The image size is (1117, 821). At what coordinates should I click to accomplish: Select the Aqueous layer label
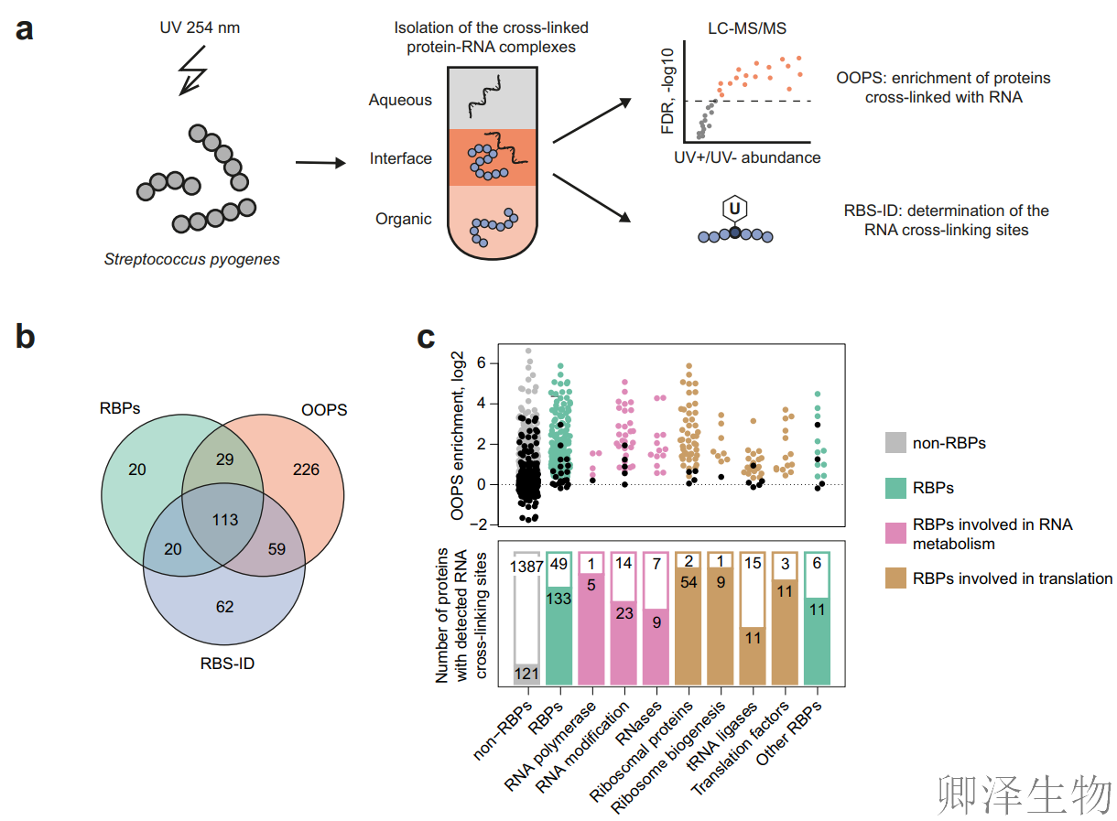tap(400, 100)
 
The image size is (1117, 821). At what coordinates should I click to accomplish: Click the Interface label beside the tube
tap(400, 159)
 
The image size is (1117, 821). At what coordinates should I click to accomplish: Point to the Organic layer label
tap(403, 220)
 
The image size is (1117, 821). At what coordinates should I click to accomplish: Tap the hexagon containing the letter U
tap(734, 209)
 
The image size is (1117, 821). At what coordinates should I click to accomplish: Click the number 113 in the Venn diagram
tap(224, 520)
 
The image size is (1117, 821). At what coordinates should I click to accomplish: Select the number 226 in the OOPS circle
tap(306, 470)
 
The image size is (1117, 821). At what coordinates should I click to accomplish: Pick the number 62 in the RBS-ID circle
tap(225, 605)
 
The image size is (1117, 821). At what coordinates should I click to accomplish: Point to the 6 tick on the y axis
tap(478, 363)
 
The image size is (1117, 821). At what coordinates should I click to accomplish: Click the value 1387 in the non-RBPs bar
tap(527, 567)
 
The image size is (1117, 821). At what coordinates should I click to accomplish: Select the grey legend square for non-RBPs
tap(895, 444)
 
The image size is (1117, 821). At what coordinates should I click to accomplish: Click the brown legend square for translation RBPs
tap(895, 578)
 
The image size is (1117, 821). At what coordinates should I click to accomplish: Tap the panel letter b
tap(25, 337)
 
